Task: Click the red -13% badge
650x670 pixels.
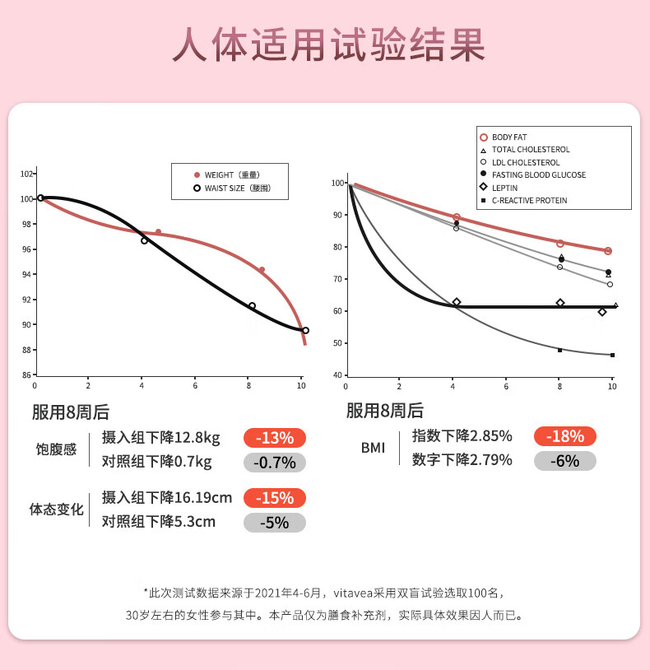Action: [x=274, y=438]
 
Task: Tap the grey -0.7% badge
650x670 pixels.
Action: [x=274, y=463]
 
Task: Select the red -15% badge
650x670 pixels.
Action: [x=274, y=498]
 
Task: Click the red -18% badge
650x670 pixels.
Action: [x=564, y=436]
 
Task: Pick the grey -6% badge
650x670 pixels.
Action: [x=564, y=460]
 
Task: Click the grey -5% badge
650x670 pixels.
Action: [x=274, y=523]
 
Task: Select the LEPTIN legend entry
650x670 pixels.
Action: [x=505, y=188]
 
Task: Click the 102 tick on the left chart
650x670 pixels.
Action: [x=26, y=174]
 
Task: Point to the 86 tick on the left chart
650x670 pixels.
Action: [x=27, y=375]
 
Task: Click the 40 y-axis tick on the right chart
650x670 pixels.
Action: [x=337, y=375]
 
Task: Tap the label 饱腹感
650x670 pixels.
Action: [x=56, y=450]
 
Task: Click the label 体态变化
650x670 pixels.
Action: [x=56, y=509]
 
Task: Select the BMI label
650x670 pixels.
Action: [x=373, y=448]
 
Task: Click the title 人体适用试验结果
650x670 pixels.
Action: [x=327, y=45]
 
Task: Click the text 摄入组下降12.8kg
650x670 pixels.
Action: [x=161, y=438]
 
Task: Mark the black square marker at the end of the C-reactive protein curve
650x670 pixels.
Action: [x=612, y=356]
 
